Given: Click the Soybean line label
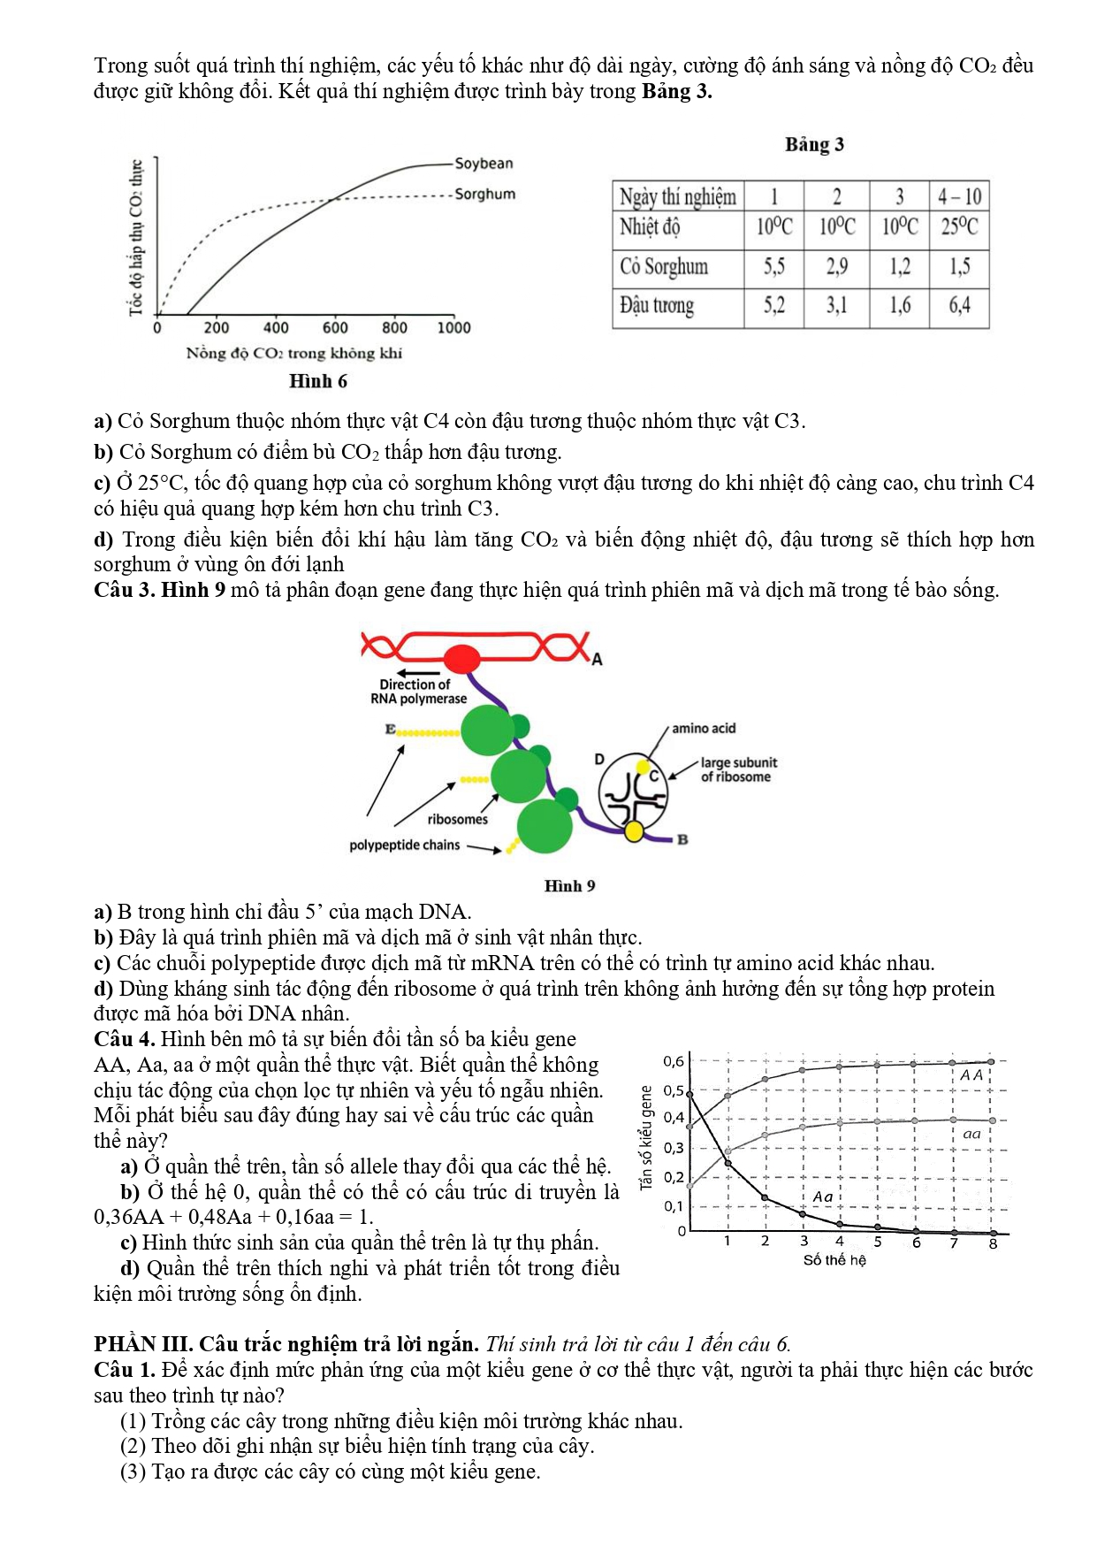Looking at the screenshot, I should click(484, 164).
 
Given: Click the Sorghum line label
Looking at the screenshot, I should click(484, 195).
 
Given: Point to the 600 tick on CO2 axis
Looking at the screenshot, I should click(335, 328).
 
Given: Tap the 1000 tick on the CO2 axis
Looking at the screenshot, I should click(453, 328).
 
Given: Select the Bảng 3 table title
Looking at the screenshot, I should click(814, 144).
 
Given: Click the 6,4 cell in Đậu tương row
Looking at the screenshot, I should click(959, 306).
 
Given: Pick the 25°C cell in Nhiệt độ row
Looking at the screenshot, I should click(959, 227).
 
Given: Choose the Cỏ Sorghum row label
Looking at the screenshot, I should click(664, 267).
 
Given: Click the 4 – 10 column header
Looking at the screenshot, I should click(959, 196).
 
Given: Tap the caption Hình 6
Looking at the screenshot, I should click(318, 381).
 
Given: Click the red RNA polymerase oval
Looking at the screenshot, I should click(461, 659).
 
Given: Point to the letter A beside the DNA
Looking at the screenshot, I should click(597, 660).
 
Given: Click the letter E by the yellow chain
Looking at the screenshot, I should click(390, 730).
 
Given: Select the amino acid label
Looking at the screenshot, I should click(704, 729).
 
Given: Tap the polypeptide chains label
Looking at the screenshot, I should click(404, 845).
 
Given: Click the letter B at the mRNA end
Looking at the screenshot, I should click(682, 840).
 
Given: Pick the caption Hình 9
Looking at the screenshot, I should click(569, 886).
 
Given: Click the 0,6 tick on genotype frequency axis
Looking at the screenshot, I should click(674, 1061).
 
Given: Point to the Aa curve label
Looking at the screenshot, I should click(823, 1196).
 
